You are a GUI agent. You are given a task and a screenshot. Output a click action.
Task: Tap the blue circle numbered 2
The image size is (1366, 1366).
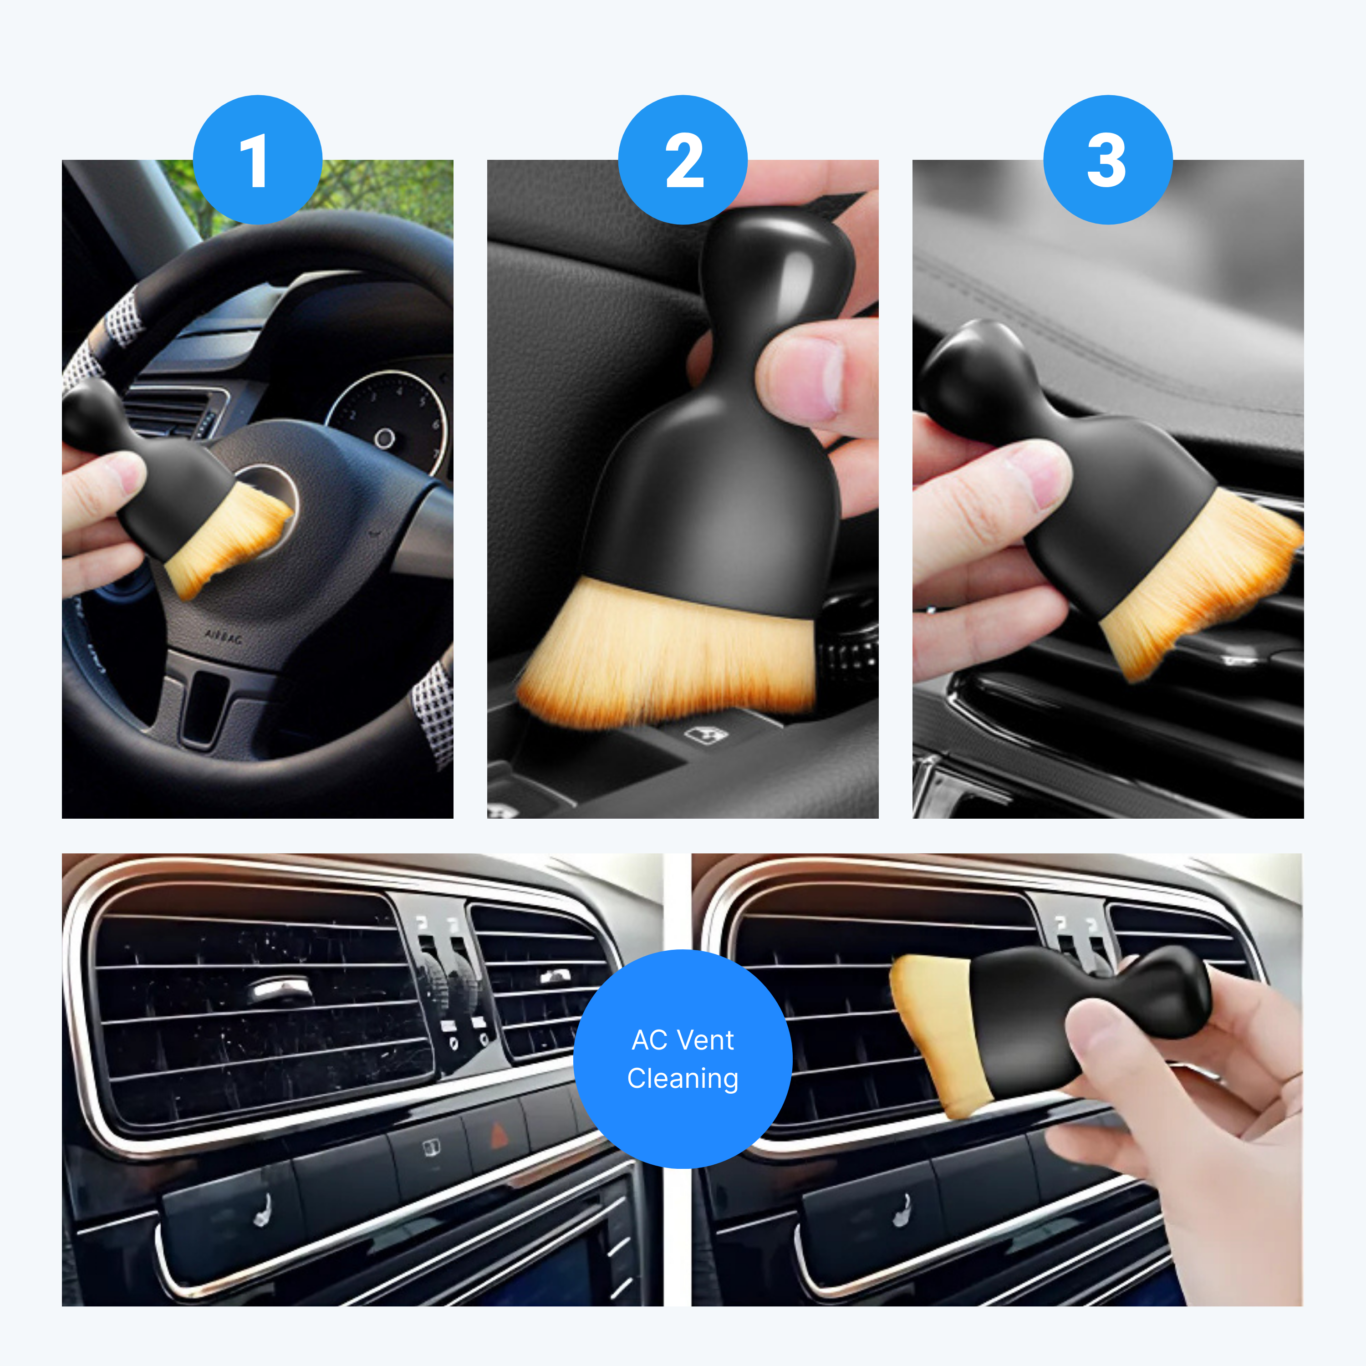(683, 160)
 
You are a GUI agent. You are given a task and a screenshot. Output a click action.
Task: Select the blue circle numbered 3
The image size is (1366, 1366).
(1108, 160)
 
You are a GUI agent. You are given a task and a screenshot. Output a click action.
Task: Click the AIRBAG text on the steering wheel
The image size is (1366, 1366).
(224, 637)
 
